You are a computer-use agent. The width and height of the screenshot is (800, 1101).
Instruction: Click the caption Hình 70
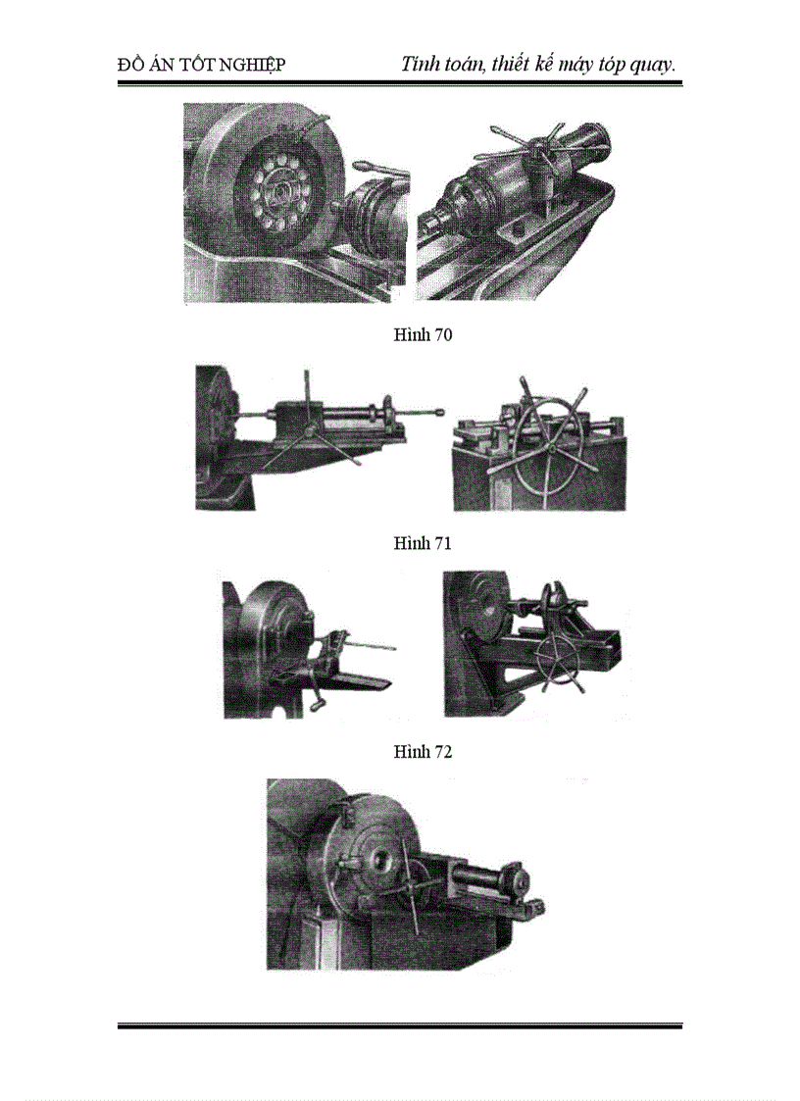pyautogui.click(x=423, y=335)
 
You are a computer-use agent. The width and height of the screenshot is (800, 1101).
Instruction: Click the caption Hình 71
pyautogui.click(x=423, y=543)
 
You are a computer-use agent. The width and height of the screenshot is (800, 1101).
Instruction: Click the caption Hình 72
pyautogui.click(x=423, y=752)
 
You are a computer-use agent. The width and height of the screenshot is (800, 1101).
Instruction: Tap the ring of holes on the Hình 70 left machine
pyautogui.click(x=277, y=188)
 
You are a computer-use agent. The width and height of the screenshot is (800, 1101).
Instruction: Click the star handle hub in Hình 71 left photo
pyautogui.click(x=310, y=428)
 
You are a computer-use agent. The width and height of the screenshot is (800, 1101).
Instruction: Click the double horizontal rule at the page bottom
pyautogui.click(x=399, y=1026)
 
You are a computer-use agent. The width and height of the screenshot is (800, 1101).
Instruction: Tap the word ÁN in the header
pyautogui.click(x=162, y=66)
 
